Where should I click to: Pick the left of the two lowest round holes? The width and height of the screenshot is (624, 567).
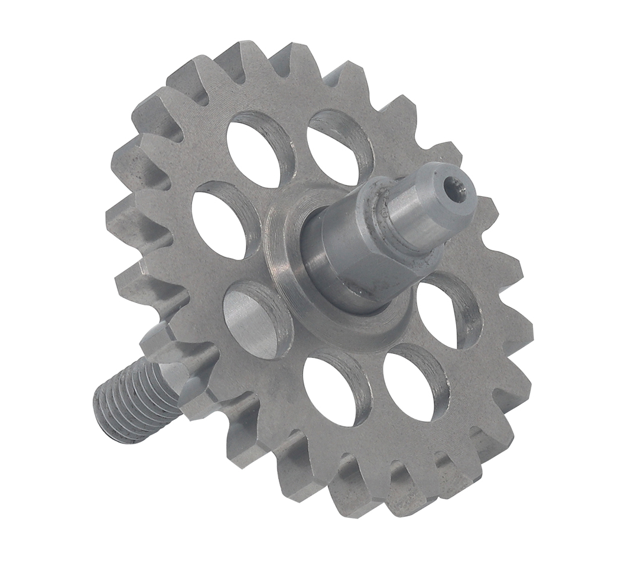(331, 390)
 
